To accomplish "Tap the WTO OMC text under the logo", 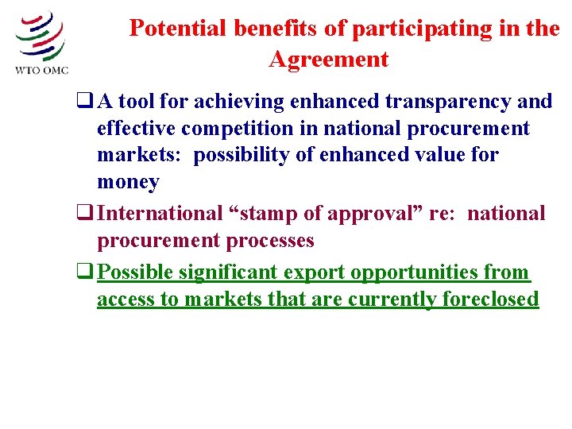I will tap(42, 69).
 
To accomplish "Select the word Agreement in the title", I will tap(328, 60).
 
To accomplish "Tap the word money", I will tap(128, 182).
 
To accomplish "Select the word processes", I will tap(269, 240).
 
